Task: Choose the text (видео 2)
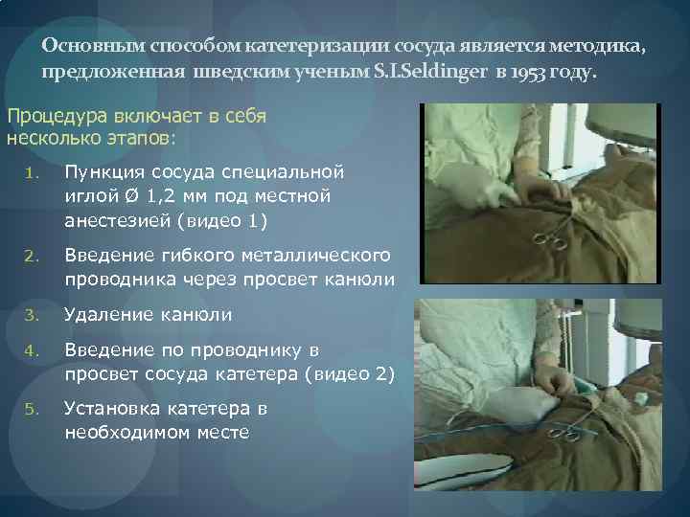coord(343,373)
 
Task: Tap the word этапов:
coord(135,139)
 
